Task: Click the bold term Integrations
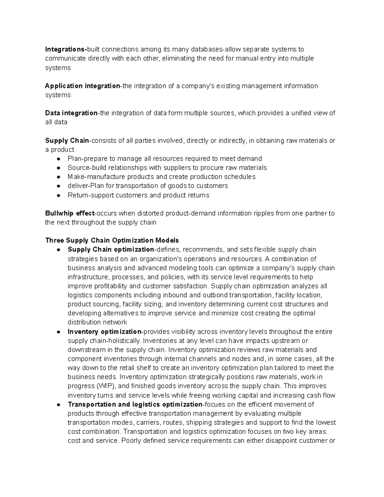click(x=65, y=49)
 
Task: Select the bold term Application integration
click(x=82, y=86)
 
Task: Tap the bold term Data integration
click(x=71, y=113)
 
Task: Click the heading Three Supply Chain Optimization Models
click(x=112, y=240)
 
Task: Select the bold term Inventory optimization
click(x=104, y=332)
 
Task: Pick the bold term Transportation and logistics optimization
click(x=135, y=404)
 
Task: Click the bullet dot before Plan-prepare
click(x=59, y=159)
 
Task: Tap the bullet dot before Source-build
click(x=59, y=168)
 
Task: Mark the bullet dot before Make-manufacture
click(x=59, y=177)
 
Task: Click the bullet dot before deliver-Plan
click(x=59, y=186)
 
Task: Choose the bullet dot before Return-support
click(x=59, y=195)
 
